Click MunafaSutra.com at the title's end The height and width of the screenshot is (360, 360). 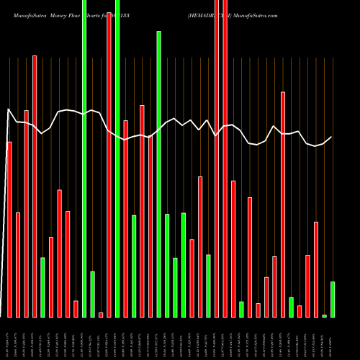253,15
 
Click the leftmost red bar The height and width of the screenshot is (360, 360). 9,229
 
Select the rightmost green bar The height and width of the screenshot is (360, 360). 333,299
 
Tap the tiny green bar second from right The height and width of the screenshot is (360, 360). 325,315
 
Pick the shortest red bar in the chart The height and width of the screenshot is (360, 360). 101,315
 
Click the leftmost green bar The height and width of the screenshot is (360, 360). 42,287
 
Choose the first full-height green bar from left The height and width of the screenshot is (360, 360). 84,158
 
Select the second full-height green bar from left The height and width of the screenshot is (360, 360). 117,158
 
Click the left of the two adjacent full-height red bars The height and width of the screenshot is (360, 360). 217,158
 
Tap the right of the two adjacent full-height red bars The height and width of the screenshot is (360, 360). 225,158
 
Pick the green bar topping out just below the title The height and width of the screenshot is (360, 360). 159,173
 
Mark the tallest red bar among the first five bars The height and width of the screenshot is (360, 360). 35,186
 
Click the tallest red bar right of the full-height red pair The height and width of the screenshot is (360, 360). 283,204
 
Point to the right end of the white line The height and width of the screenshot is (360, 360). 332,137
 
